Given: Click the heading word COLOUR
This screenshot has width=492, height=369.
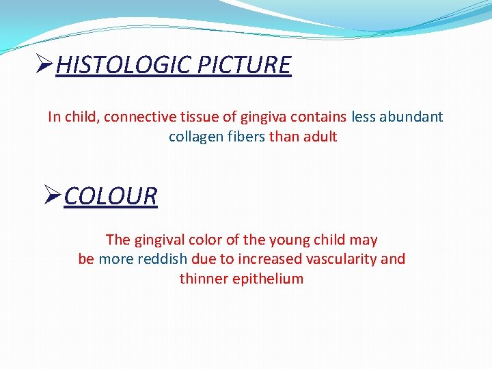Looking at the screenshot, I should [111, 196].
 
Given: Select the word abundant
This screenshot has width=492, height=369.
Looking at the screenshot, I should [412, 117].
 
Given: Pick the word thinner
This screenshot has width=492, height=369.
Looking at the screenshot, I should [203, 279].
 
